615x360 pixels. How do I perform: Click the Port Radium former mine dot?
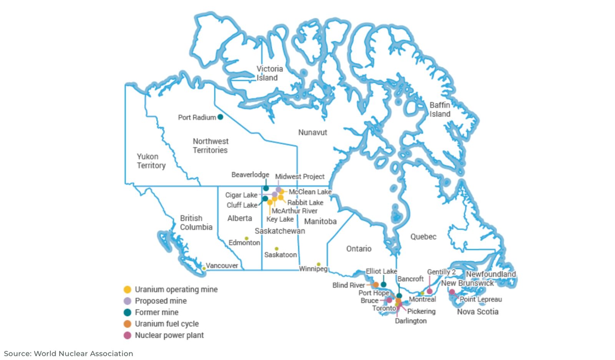220,117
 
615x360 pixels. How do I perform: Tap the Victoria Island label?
269,73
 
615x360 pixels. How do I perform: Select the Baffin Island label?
440,109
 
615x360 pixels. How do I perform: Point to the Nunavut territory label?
312,132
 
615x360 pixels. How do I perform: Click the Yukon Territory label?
151,161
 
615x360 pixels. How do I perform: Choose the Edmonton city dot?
246,238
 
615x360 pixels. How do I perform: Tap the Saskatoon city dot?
276,249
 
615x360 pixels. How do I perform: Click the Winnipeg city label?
313,268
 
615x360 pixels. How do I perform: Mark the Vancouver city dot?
204,268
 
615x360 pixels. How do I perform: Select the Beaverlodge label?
250,175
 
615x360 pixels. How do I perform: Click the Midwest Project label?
300,177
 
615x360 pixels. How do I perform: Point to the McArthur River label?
294,211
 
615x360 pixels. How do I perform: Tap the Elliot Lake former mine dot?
383,285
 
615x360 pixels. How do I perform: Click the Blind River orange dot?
376,285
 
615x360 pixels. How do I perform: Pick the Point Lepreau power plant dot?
452,292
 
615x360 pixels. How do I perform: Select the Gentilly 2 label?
441,272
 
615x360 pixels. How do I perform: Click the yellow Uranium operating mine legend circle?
128,290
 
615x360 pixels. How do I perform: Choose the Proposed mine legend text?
161,301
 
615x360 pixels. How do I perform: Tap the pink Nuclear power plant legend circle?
128,335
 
